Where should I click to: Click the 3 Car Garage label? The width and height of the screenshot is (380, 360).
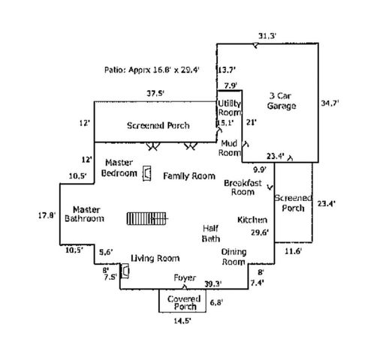[282, 101]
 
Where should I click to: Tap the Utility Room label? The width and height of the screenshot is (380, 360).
[229, 108]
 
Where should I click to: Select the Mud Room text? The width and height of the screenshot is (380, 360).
[229, 148]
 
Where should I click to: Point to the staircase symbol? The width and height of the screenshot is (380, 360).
[146, 218]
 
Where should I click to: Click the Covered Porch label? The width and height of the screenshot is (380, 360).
[184, 302]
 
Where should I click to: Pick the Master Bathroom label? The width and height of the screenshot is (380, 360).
[84, 214]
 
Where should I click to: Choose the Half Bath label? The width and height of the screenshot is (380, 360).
[211, 233]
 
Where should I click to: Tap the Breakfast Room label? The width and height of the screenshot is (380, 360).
[243, 187]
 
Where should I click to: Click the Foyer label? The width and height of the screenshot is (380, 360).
[185, 278]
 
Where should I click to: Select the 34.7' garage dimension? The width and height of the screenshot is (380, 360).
[330, 103]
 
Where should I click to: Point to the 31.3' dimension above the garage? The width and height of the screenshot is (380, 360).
[267, 36]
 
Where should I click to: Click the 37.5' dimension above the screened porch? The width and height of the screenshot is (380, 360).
[155, 94]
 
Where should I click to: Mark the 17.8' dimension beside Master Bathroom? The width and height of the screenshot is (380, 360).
[47, 215]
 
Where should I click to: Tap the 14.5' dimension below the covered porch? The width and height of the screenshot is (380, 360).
[182, 321]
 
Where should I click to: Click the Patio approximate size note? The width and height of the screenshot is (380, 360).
[152, 70]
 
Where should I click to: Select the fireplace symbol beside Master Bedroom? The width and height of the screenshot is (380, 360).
[147, 173]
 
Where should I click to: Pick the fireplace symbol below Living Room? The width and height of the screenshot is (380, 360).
[125, 271]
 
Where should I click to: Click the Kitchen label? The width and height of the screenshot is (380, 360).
[252, 220]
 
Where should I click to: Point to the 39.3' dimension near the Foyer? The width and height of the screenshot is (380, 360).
[213, 284]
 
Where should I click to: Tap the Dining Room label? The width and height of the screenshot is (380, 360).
[234, 257]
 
